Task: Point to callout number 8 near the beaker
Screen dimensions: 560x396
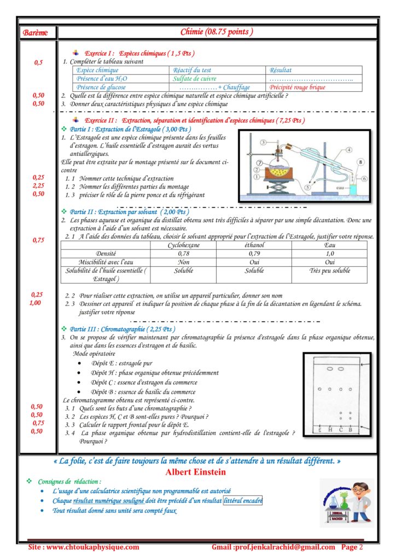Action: coord(360,162)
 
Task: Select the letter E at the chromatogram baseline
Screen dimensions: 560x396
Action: coord(320,430)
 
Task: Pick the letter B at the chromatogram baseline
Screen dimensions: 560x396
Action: coord(351,430)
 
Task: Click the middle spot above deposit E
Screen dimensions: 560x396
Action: coord(320,389)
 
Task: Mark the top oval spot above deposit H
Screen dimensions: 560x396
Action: coord(330,369)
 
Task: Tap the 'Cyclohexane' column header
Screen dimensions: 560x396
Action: coord(183,246)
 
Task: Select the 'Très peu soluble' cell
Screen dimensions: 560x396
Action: coord(330,271)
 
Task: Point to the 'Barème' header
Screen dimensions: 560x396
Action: coord(35,33)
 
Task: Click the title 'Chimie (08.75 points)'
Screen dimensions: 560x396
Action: coord(217,32)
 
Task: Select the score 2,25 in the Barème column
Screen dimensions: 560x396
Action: coord(38,185)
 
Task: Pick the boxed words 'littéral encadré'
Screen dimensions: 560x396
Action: coord(242,500)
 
